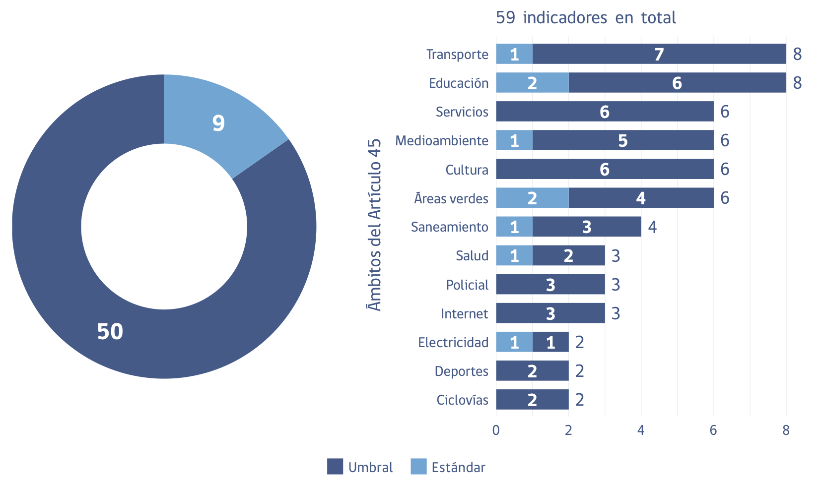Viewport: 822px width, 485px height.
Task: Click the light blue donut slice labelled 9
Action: click(x=218, y=123)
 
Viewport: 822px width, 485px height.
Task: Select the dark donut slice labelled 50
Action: click(x=110, y=331)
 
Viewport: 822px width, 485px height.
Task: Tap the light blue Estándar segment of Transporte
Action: click(x=514, y=54)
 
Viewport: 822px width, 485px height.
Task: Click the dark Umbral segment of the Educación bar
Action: click(x=677, y=83)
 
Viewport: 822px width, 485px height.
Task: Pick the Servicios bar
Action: click(x=605, y=112)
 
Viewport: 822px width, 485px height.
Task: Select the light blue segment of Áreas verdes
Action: click(x=532, y=198)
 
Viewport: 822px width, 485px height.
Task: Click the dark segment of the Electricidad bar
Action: click(x=550, y=342)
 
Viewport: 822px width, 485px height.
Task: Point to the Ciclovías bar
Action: click(x=532, y=400)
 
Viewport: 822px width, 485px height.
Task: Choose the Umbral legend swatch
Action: click(x=335, y=467)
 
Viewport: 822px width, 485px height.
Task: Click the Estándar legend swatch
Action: click(x=418, y=467)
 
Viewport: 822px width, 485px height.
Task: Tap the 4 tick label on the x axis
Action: click(x=641, y=430)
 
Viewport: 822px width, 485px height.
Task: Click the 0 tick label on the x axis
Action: click(x=496, y=430)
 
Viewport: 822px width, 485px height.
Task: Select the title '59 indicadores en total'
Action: click(x=586, y=18)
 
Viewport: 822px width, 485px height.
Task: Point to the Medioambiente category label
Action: click(x=442, y=141)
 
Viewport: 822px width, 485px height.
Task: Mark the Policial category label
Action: click(x=467, y=285)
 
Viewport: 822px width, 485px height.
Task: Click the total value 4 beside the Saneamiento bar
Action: click(x=652, y=227)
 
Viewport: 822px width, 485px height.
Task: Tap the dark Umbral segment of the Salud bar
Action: click(x=568, y=256)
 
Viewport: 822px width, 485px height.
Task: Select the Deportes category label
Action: click(x=462, y=371)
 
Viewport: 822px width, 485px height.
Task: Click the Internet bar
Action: click(x=550, y=313)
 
